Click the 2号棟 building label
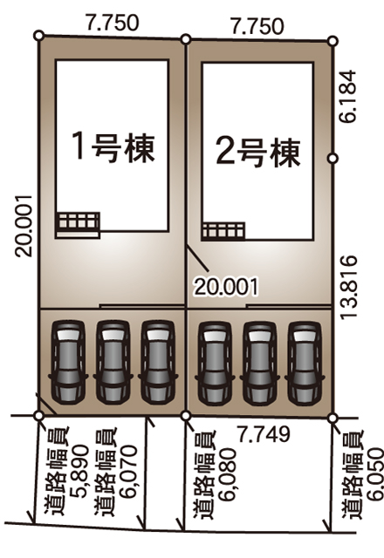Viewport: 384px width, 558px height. pyautogui.click(x=258, y=153)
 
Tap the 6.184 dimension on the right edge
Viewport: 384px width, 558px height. pyautogui.click(x=347, y=97)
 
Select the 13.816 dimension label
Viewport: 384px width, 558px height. pyautogui.click(x=348, y=287)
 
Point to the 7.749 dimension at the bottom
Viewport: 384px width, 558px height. pyautogui.click(x=264, y=434)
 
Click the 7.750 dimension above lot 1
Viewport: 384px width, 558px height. pyautogui.click(x=112, y=23)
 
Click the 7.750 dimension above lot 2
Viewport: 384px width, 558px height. pyautogui.click(x=257, y=26)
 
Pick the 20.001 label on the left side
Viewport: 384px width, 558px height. pyautogui.click(x=24, y=225)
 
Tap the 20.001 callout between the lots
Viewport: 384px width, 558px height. pyautogui.click(x=225, y=287)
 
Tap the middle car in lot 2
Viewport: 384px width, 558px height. pyautogui.click(x=260, y=364)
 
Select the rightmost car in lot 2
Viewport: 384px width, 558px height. pyautogui.click(x=305, y=364)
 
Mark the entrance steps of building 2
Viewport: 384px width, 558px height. pyautogui.click(x=223, y=231)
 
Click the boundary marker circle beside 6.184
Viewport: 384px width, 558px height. pyautogui.click(x=333, y=159)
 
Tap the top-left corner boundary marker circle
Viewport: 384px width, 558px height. pyautogui.click(x=38, y=35)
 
